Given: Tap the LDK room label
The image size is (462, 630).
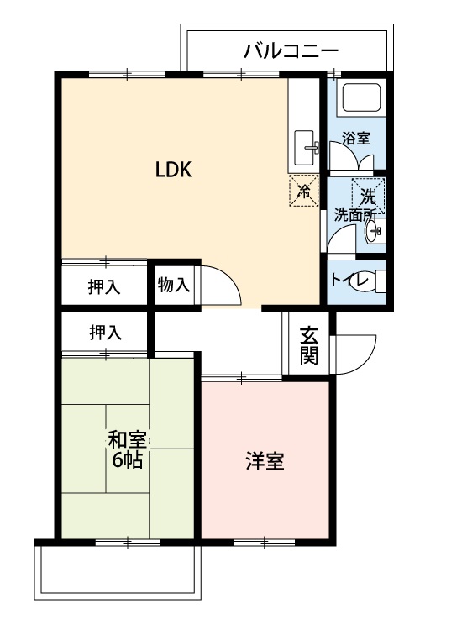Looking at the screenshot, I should pos(175,170).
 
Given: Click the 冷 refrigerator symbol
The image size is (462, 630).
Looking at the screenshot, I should pos(304,190).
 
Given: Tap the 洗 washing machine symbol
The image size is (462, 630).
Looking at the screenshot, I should pos(368,196).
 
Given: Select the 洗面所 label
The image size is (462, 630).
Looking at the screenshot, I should pos(354,215).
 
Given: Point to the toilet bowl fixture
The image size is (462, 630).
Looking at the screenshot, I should pos(375,281).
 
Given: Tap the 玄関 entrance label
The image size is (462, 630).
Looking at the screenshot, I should pos(308,344).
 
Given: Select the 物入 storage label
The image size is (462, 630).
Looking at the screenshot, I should pos(174,285).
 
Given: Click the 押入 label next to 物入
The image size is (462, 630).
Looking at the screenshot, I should pos(105,286).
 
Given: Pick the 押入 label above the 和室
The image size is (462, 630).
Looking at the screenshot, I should pos(105,333).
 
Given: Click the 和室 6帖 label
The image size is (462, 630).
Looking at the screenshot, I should pos(127,449).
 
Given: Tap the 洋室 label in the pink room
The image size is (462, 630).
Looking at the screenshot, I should pos(265,461).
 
